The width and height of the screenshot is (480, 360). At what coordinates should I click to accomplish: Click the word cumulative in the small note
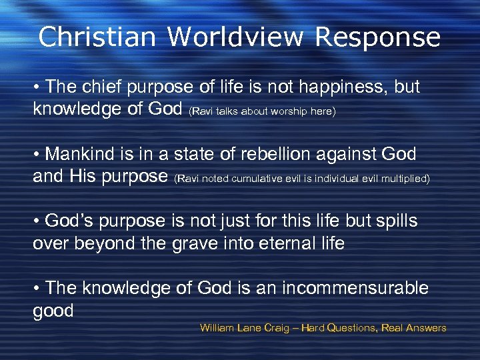click(255, 179)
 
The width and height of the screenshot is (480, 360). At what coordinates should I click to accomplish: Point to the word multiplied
click(405, 179)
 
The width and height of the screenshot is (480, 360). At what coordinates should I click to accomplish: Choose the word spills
click(393, 221)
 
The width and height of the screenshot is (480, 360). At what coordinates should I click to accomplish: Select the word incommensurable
click(355, 288)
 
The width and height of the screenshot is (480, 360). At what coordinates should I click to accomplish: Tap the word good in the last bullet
click(53, 311)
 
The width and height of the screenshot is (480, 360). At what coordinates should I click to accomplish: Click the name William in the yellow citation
click(218, 328)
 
